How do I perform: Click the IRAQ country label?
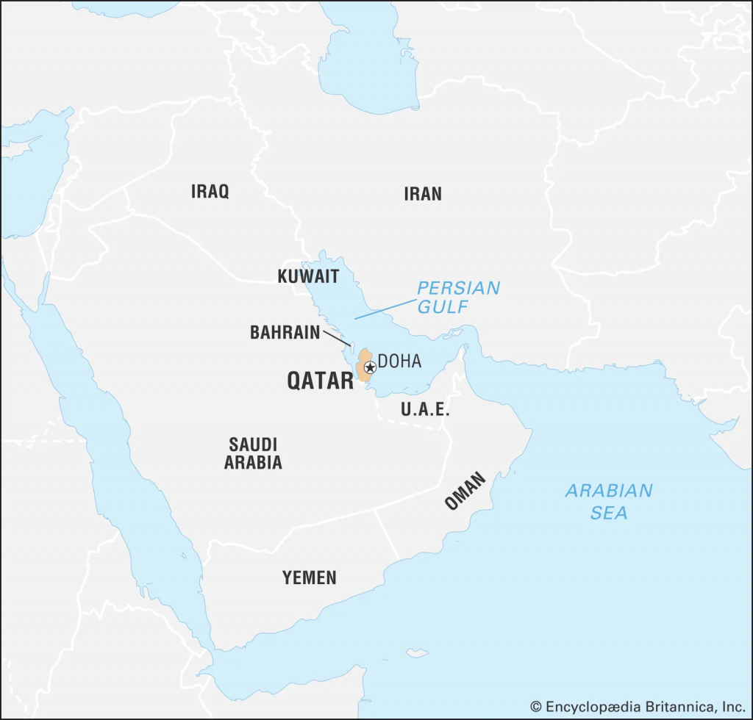coord(210,192)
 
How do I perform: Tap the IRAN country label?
coord(422,194)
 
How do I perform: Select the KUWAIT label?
coord(308,277)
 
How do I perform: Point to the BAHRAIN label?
coord(285,333)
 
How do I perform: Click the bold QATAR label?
coord(320,381)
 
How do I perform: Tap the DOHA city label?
coord(400,362)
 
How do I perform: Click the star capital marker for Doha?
coord(370,366)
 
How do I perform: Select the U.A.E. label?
coord(425,410)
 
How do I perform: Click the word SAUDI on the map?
coord(253,444)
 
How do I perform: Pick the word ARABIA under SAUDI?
coord(253,463)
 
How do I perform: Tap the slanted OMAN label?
coord(465,492)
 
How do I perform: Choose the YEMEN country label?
coord(309,578)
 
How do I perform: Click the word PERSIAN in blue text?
coord(457,288)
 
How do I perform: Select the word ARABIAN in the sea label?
coord(609,491)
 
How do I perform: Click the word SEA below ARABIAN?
coord(609,513)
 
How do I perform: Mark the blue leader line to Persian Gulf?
coord(385,308)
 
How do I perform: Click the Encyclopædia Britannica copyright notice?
coord(638,706)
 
